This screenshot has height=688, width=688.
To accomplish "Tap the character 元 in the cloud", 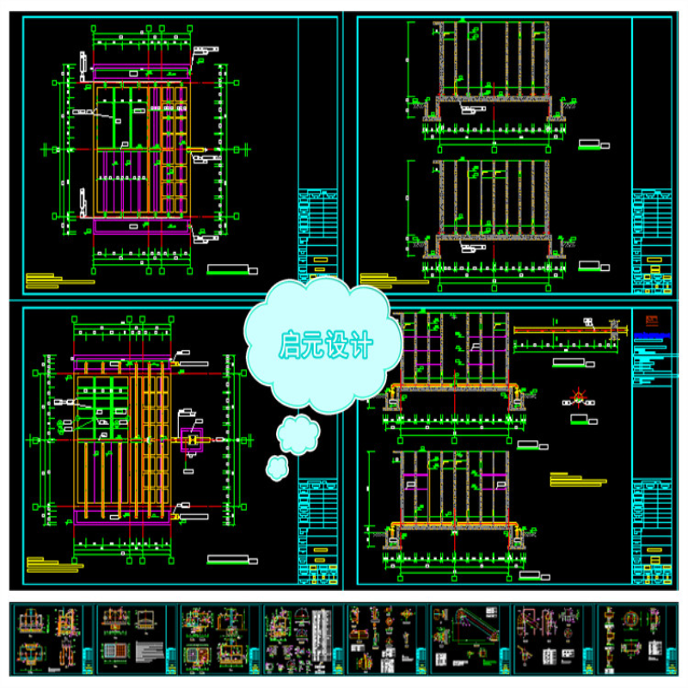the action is tap(316, 345).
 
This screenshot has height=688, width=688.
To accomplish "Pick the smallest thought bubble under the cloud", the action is tap(277, 468).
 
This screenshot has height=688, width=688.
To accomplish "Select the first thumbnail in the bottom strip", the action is tap(52, 638).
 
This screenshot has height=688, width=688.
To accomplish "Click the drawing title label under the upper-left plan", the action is tap(230, 268).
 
